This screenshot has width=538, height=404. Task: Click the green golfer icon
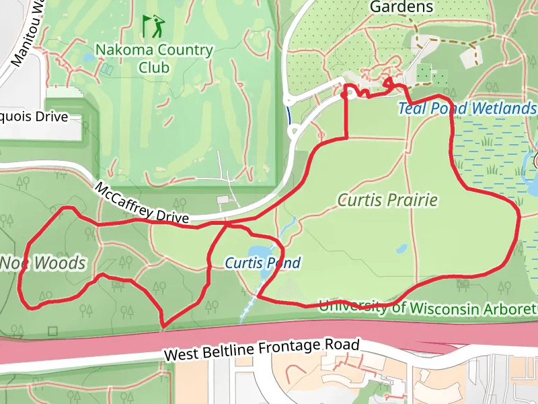[x=153, y=26]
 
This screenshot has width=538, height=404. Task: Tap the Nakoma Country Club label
[x=154, y=58]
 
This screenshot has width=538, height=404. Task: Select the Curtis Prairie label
[x=388, y=200]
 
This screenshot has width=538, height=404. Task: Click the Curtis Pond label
[x=262, y=263]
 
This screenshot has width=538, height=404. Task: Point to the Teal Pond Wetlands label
[x=467, y=108]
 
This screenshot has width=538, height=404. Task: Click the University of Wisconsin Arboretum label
[x=428, y=307]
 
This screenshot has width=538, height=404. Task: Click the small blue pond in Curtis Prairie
[x=401, y=248]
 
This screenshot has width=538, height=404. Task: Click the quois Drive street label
[x=34, y=116]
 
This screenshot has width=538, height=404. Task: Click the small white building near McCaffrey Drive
[x=223, y=199]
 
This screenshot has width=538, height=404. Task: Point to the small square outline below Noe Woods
[x=53, y=331]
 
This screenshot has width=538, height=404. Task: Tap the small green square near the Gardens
[x=423, y=71]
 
